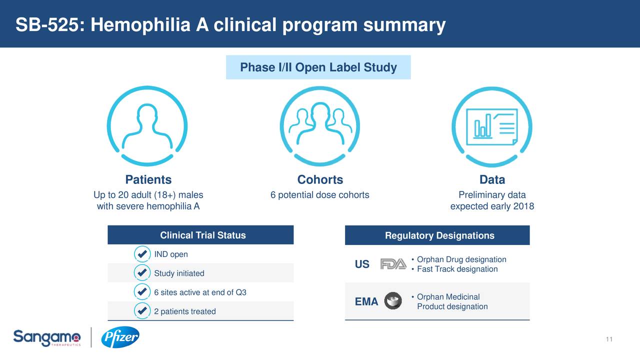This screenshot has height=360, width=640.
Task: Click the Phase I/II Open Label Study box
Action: [x=318, y=67]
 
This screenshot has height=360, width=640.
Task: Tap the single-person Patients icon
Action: [x=147, y=126]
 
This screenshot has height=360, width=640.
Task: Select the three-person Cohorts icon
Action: [x=320, y=126]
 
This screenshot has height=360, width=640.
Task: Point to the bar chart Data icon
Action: [x=492, y=126]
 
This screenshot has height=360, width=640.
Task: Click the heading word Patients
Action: [x=148, y=180]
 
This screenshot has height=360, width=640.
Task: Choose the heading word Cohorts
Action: [x=320, y=180]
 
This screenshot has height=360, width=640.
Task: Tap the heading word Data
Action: [x=492, y=180]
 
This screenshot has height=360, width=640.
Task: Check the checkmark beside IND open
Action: [x=142, y=254]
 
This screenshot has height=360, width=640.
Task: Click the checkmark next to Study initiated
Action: [x=142, y=273]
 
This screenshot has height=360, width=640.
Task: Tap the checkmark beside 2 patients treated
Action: [x=142, y=311]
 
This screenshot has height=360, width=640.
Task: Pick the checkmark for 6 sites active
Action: [x=142, y=292]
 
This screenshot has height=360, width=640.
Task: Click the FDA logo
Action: [x=393, y=264]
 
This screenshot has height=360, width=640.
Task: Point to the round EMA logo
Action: [x=393, y=301]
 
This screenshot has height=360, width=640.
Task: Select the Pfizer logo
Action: [x=120, y=338]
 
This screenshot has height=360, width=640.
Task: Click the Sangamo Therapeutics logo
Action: [x=46, y=338]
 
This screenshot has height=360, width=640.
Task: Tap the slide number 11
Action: [x=608, y=340]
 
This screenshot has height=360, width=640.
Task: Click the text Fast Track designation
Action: [x=457, y=269]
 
